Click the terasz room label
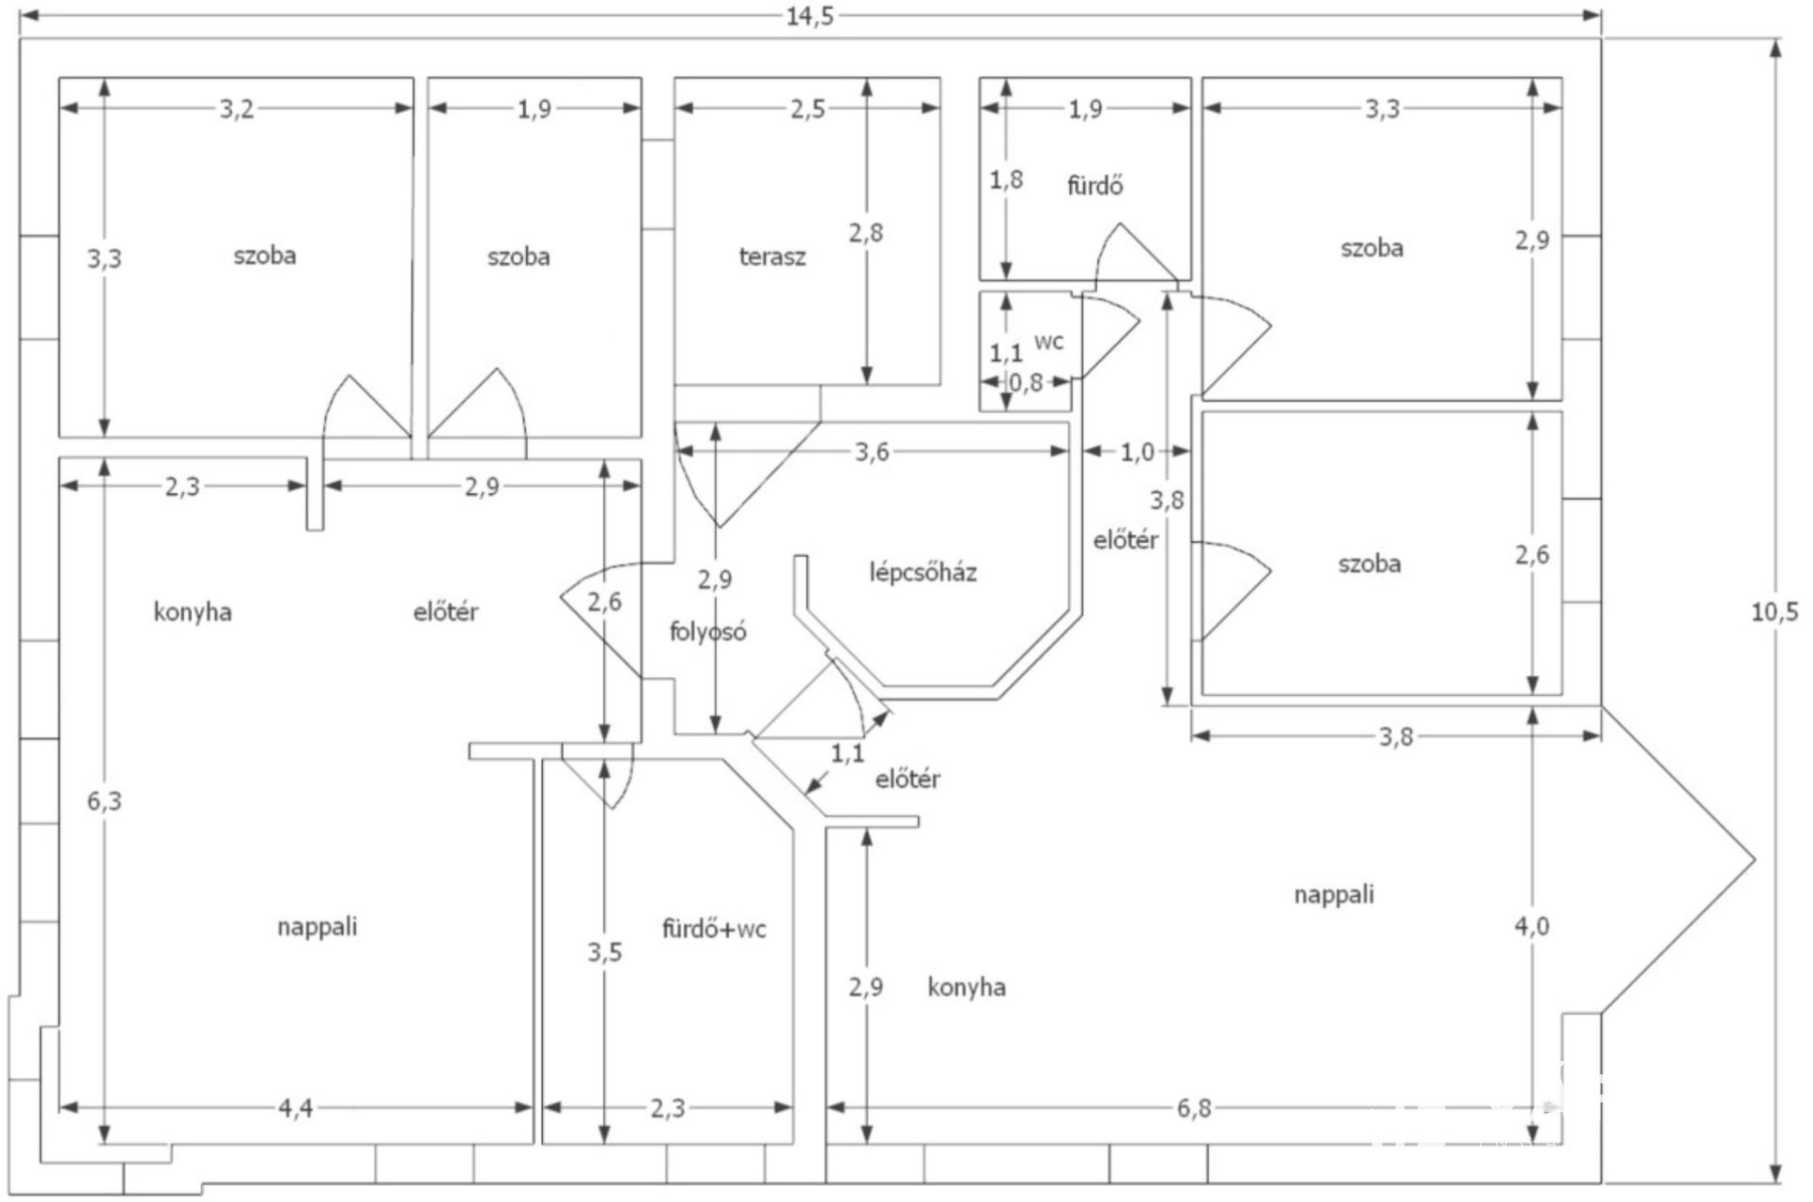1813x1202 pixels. click(772, 256)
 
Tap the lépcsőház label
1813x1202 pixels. click(922, 572)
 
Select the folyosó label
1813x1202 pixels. click(707, 632)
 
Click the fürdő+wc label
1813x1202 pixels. click(714, 930)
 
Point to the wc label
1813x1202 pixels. click(1048, 342)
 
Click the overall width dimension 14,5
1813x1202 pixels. click(810, 16)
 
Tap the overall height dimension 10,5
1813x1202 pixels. click(1774, 612)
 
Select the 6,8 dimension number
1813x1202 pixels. click(1194, 1108)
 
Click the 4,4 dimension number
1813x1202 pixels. click(295, 1108)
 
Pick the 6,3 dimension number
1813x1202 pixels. click(104, 801)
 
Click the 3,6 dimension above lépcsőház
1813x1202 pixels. click(871, 453)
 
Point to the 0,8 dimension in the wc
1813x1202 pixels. click(1025, 382)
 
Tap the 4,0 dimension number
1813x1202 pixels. click(1531, 927)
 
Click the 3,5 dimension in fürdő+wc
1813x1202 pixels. click(604, 952)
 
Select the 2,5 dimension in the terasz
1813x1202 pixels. click(807, 109)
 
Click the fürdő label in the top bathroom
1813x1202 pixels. click(1094, 185)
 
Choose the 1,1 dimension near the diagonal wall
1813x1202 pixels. click(847, 753)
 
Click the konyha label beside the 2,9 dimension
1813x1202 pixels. click(966, 988)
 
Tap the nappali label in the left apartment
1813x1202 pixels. click(317, 927)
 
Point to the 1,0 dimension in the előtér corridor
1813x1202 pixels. click(1137, 453)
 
